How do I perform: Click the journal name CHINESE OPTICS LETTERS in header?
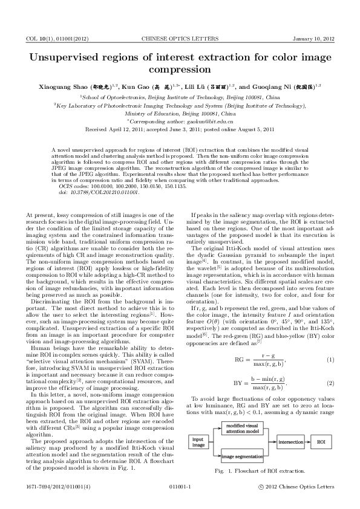point(180,39)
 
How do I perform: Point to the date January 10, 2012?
point(313,39)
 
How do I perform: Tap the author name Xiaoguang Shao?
point(65,87)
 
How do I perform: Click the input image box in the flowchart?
point(198,442)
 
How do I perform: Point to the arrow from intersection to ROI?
point(307,442)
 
